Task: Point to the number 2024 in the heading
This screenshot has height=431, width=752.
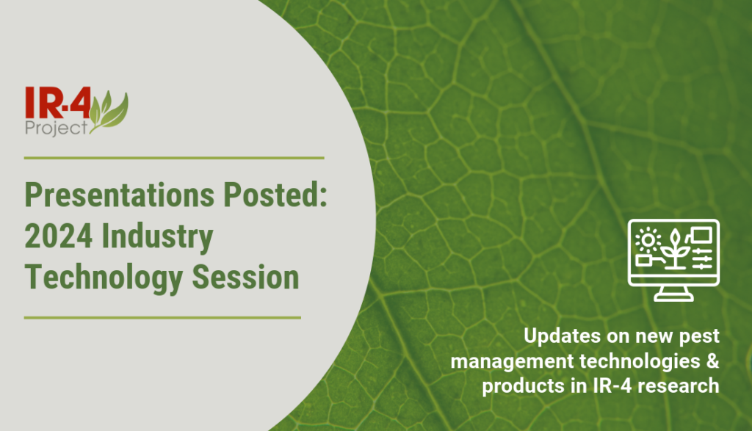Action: pos(58,238)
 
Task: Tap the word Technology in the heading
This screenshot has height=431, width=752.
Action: pos(100,279)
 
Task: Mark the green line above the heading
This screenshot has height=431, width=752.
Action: pos(174,157)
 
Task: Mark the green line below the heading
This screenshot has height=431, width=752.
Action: pos(162,318)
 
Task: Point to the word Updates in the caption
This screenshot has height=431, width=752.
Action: pos(558,337)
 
